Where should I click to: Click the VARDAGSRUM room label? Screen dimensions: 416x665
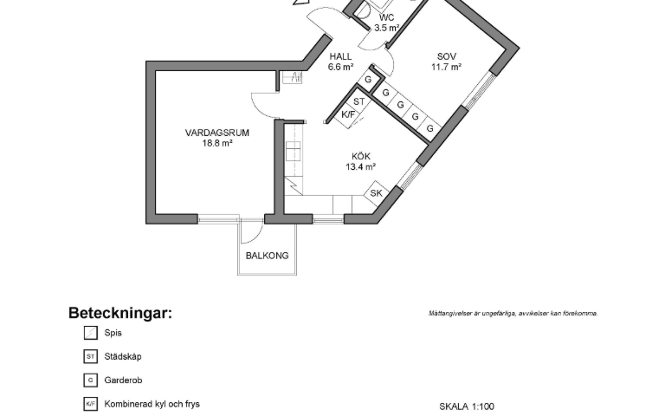click(x=217, y=133)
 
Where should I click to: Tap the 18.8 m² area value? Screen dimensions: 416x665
click(x=217, y=144)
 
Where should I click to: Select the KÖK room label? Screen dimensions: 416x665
click(x=360, y=156)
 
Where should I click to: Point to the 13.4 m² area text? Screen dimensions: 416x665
click(x=360, y=167)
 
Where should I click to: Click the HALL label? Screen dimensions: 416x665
click(x=340, y=55)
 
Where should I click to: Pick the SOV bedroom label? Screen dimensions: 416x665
click(x=447, y=55)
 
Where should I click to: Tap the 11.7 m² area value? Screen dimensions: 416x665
click(x=447, y=67)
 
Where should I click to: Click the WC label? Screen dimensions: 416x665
click(x=386, y=17)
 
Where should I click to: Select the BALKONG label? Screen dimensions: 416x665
click(x=267, y=256)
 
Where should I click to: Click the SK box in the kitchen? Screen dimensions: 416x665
click(x=377, y=193)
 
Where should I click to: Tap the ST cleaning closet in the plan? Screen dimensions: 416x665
click(x=359, y=101)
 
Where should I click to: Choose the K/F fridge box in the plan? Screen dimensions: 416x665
click(x=349, y=114)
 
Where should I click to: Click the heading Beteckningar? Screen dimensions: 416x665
click(x=120, y=313)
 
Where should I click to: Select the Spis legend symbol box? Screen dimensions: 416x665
click(x=90, y=332)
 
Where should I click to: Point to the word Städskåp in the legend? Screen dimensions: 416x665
click(x=122, y=355)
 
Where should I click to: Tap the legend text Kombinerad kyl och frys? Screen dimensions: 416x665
click(x=152, y=404)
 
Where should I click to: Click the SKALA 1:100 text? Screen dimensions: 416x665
click(x=467, y=406)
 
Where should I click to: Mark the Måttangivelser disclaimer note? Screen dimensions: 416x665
click(x=513, y=313)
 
